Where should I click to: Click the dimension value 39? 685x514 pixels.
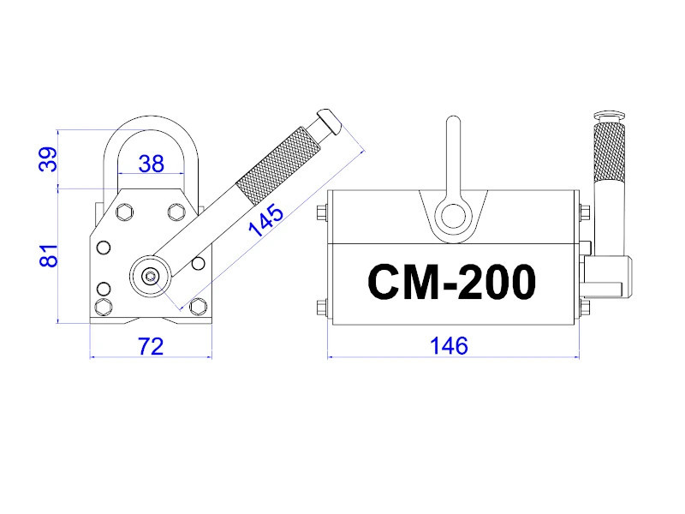point(48,159)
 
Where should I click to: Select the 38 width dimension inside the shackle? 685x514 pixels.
point(151,164)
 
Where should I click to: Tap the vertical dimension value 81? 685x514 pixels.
point(48,255)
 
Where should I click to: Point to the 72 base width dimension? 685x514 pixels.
point(151,346)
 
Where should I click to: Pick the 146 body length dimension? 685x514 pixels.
point(450,346)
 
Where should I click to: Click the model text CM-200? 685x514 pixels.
point(451,281)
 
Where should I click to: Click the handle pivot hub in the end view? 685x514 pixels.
point(151,275)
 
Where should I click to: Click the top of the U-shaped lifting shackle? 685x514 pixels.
point(152,122)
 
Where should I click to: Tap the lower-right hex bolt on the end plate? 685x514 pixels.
point(200,307)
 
